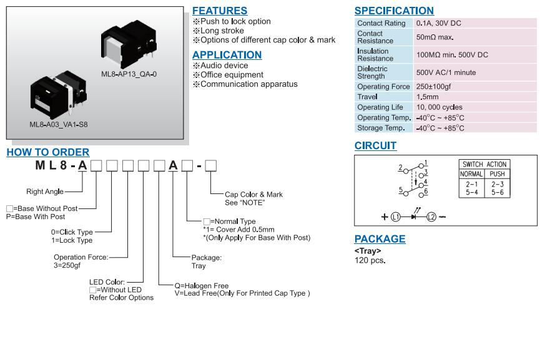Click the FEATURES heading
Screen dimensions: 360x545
click(x=220, y=11)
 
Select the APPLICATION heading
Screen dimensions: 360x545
click(x=227, y=55)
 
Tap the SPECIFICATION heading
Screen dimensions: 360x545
click(x=394, y=11)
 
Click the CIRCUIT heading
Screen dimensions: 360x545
click(x=375, y=146)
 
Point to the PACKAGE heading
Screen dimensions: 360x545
click(x=380, y=239)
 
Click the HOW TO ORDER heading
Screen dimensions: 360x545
click(x=48, y=152)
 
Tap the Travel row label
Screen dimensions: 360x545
click(x=367, y=97)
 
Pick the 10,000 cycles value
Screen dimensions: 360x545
click(x=439, y=107)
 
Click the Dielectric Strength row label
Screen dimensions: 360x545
click(x=372, y=72)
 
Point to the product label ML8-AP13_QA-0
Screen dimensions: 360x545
click(x=129, y=74)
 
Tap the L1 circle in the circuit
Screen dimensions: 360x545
click(x=396, y=217)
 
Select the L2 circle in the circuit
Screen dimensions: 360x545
click(x=431, y=217)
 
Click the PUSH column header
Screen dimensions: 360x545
click(x=497, y=174)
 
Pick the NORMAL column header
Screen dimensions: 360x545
click(x=471, y=174)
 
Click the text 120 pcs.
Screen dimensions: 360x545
click(x=370, y=260)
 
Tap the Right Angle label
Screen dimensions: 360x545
click(x=45, y=192)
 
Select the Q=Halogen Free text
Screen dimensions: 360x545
click(x=202, y=286)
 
